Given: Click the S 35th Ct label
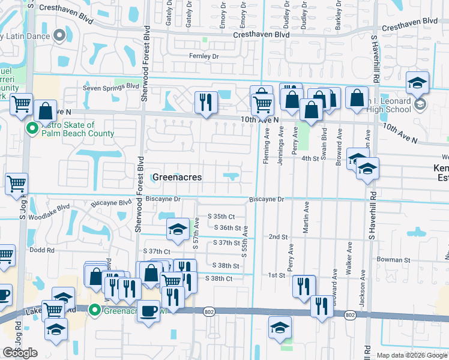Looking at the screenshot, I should [221, 216].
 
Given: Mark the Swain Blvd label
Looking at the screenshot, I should [325, 142].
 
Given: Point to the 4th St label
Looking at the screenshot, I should [310, 158].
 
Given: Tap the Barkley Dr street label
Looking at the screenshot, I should [339, 14].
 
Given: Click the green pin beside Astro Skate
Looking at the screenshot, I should [32, 127].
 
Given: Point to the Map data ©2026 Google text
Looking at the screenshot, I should [411, 355].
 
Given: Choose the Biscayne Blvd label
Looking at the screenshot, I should [110, 203].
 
